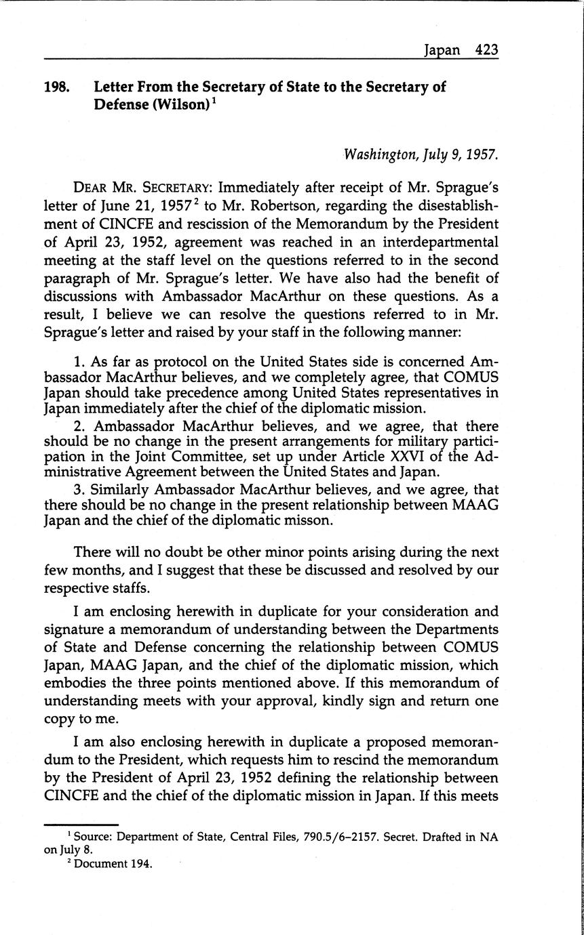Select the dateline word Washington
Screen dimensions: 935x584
[375, 154]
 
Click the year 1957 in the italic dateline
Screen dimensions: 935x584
[481, 154]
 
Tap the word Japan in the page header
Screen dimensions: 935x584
[442, 49]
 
